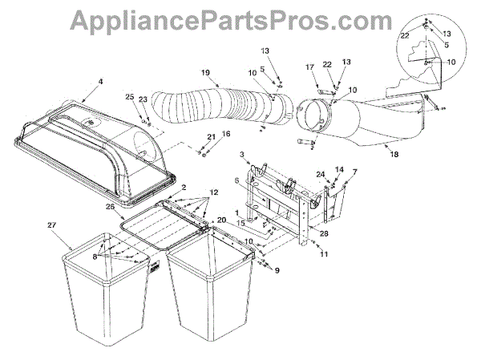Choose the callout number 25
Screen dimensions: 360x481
click(128, 97)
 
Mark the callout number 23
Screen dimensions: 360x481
click(143, 99)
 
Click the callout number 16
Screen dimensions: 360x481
click(226, 135)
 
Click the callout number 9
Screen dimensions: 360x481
click(278, 271)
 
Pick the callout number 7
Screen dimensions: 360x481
click(354, 172)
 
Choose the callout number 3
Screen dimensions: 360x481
click(241, 152)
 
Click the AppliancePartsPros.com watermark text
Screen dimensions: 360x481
click(240, 18)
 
